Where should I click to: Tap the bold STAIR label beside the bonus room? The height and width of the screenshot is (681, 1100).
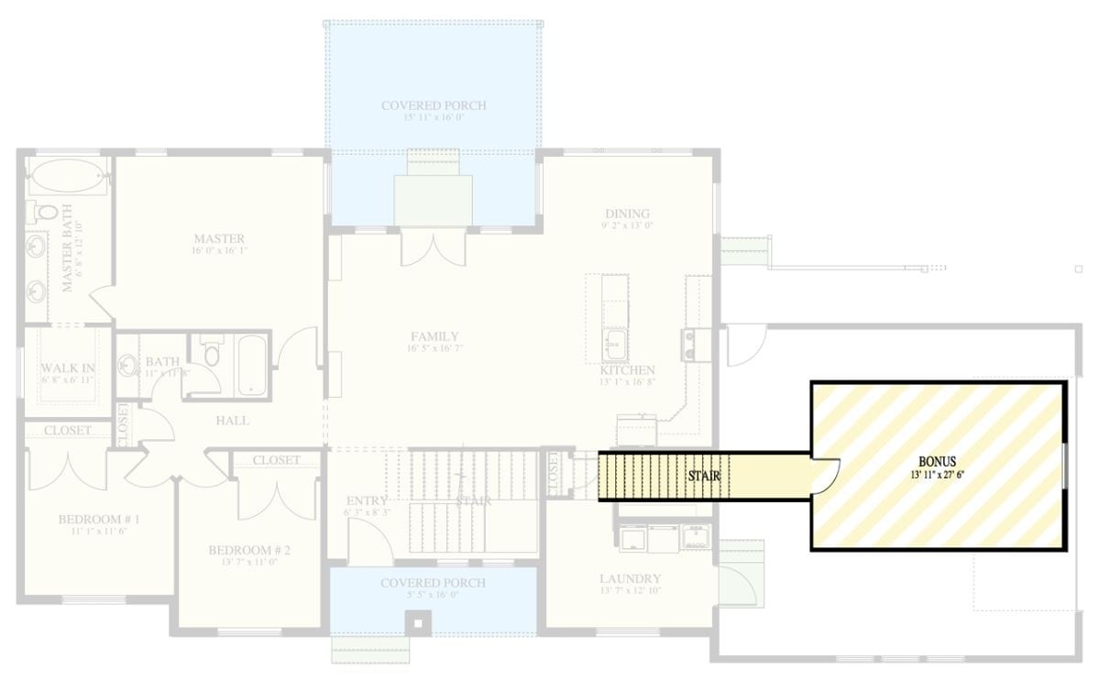[704, 477]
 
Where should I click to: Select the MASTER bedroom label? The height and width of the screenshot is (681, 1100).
[218, 238]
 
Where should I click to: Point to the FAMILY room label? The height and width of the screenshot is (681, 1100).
[434, 336]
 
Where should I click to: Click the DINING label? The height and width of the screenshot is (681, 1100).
[627, 214]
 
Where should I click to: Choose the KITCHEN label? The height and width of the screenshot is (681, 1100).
[628, 369]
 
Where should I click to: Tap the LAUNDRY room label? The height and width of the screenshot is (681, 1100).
[630, 579]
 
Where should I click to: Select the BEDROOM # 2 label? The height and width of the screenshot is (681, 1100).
[249, 550]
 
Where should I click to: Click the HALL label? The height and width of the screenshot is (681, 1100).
[232, 421]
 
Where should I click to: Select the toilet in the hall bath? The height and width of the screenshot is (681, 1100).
[212, 354]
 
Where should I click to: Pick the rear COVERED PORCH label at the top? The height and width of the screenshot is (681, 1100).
[434, 105]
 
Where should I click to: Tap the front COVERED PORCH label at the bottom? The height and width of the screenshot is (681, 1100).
[434, 583]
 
